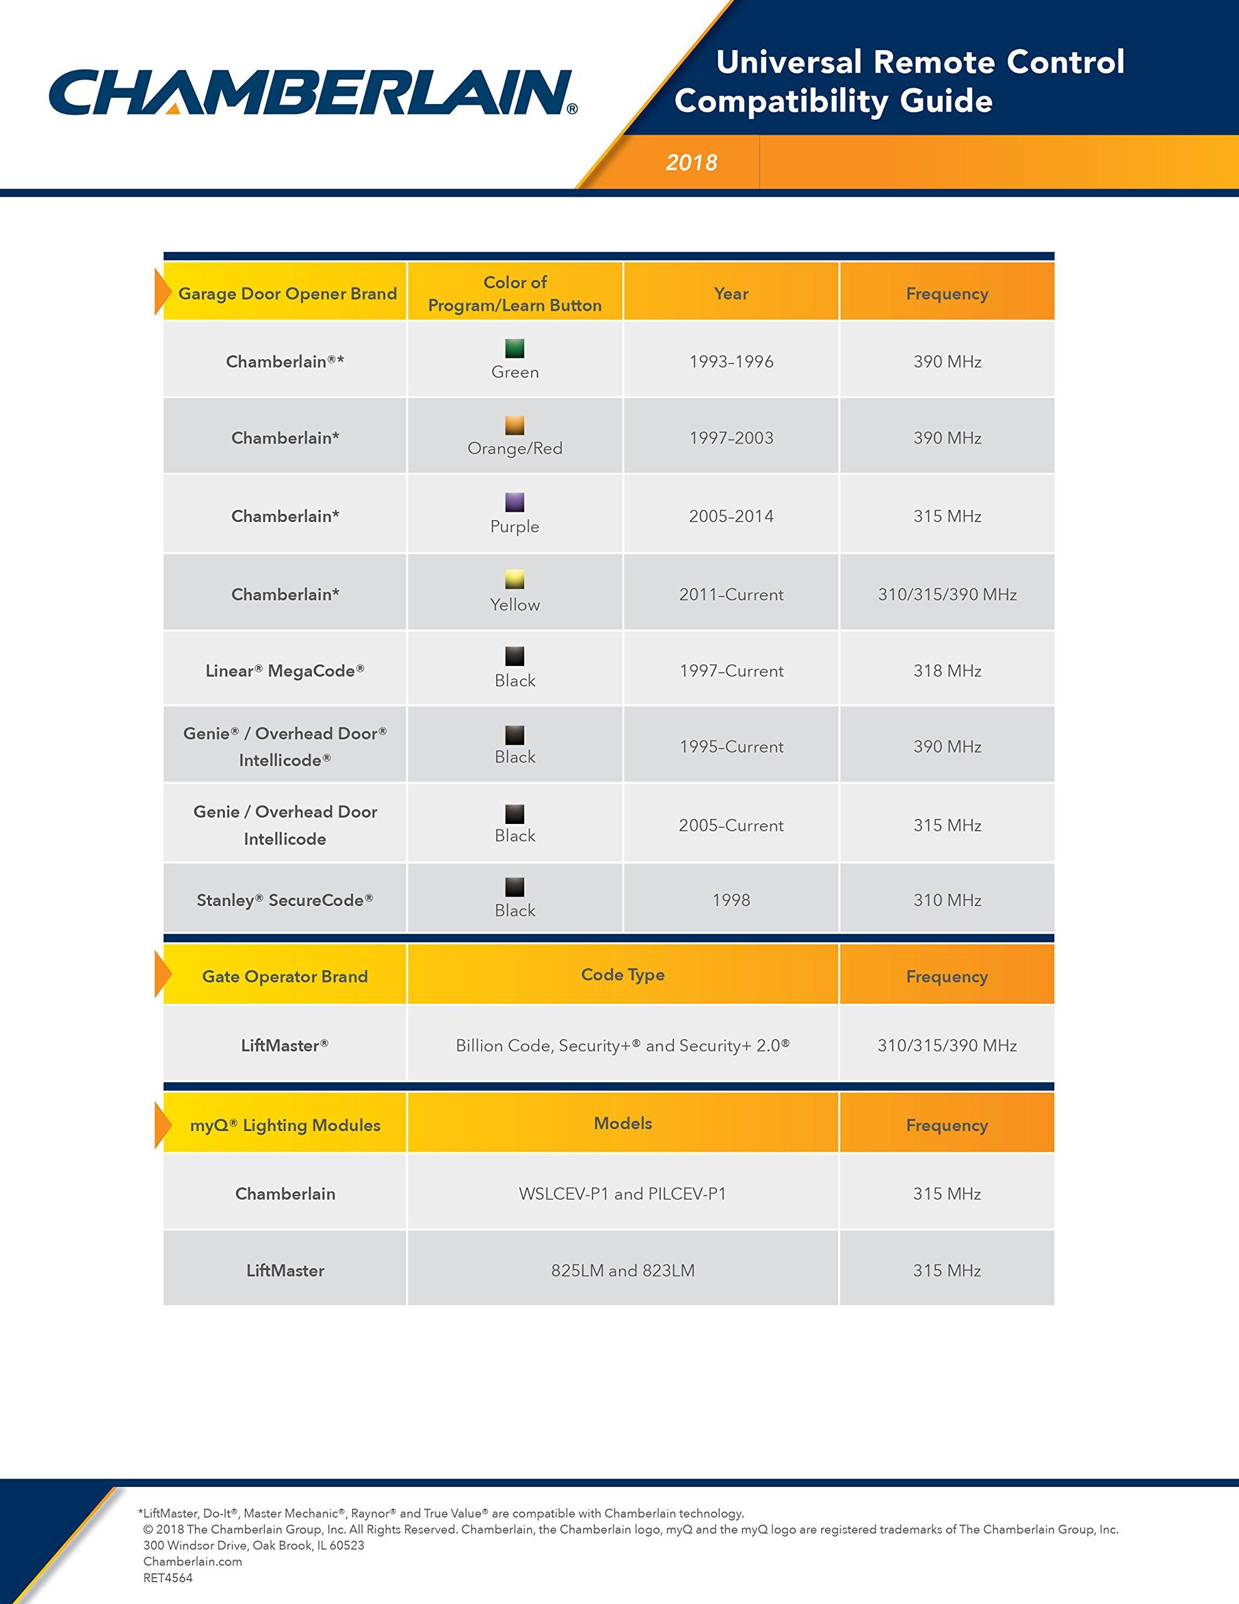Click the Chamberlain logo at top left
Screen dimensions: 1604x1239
(x=312, y=93)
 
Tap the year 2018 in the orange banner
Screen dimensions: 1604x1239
(x=691, y=162)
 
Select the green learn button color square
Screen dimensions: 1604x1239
(x=515, y=348)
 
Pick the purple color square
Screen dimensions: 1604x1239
(x=515, y=503)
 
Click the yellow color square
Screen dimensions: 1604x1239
(x=515, y=580)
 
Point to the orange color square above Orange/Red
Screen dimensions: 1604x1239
(x=515, y=425)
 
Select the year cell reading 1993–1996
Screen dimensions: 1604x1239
(x=731, y=362)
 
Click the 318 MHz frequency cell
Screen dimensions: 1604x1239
(x=946, y=670)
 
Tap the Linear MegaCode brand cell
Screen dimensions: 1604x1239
(x=285, y=670)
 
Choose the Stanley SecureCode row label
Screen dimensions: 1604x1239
(x=285, y=900)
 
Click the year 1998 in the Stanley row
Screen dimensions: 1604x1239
(x=731, y=900)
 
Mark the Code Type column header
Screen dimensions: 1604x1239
(x=623, y=974)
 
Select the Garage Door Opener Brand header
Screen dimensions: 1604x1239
(x=287, y=294)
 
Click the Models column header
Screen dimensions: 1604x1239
(x=623, y=1123)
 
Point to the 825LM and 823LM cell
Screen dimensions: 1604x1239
(x=623, y=1271)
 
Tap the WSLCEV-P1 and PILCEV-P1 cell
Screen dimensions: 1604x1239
(x=623, y=1194)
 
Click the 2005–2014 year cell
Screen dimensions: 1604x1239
(x=731, y=516)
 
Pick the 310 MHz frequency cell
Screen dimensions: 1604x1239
(x=946, y=900)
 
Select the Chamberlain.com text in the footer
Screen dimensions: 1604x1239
(x=192, y=1561)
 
